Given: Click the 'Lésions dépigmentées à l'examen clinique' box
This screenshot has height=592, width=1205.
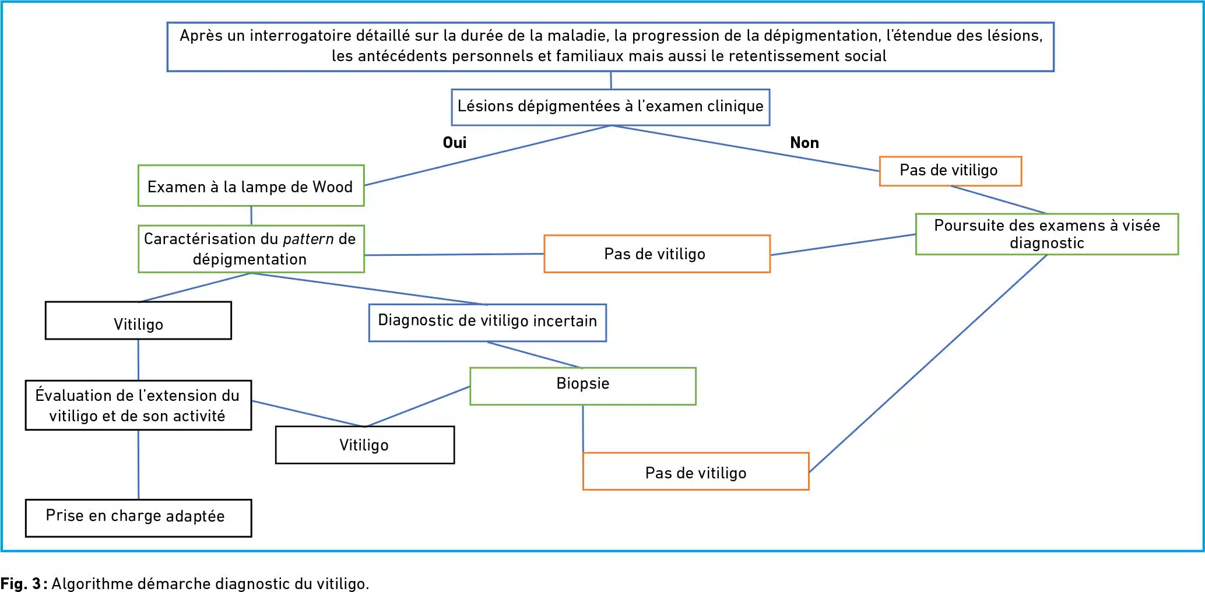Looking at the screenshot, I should click(610, 107).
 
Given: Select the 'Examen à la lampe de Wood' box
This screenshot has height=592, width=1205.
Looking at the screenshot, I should click(251, 186).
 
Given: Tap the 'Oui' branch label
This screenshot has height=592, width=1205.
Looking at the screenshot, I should click(455, 143).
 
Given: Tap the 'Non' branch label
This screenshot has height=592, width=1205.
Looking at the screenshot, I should click(804, 143).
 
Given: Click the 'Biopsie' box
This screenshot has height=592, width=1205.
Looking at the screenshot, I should click(582, 385).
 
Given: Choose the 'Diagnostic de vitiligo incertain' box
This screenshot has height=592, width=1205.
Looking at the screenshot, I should click(487, 322).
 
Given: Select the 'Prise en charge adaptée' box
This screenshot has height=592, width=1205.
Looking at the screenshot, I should click(138, 517).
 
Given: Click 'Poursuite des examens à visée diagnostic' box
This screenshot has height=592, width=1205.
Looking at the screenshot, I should click(1046, 234).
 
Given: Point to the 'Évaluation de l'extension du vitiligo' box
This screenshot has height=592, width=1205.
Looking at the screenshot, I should click(138, 405).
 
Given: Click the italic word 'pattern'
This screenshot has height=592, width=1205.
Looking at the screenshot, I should click(308, 239).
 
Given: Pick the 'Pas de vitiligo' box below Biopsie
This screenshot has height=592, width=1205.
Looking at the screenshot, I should click(695, 471).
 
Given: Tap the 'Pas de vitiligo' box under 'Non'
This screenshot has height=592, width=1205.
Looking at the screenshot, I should click(950, 171).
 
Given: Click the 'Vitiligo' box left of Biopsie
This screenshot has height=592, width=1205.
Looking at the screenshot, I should click(364, 445).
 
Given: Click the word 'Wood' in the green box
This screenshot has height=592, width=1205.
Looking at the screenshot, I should click(332, 187).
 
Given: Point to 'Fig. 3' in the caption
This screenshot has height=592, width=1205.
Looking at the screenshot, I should click(20, 584).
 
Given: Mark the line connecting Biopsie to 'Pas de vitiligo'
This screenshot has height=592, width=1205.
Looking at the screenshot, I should click(583, 429).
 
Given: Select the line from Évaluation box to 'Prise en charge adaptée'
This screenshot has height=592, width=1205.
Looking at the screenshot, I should click(138, 464).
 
